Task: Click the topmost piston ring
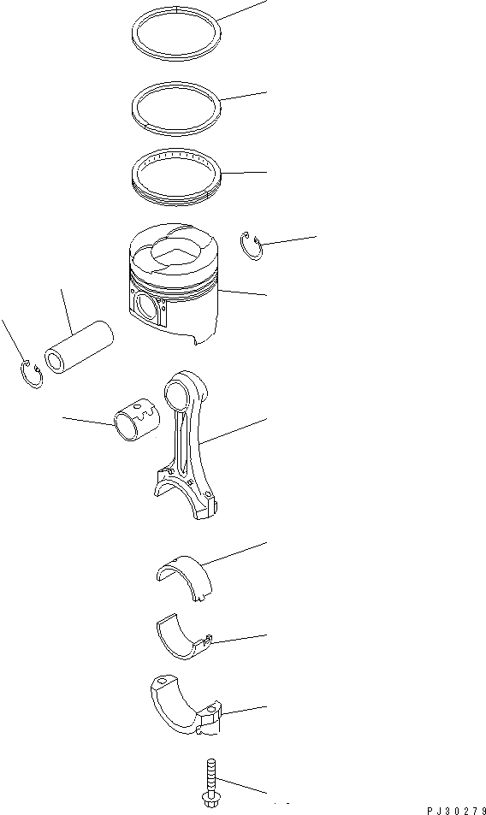(176, 56)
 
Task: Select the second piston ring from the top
(176, 131)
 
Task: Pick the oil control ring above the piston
(176, 198)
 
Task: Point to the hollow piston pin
(79, 346)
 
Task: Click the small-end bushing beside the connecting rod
(137, 420)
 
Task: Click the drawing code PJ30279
(456, 811)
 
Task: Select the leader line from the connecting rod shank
(234, 430)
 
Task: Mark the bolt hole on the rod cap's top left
(161, 681)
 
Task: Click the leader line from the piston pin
(67, 312)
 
